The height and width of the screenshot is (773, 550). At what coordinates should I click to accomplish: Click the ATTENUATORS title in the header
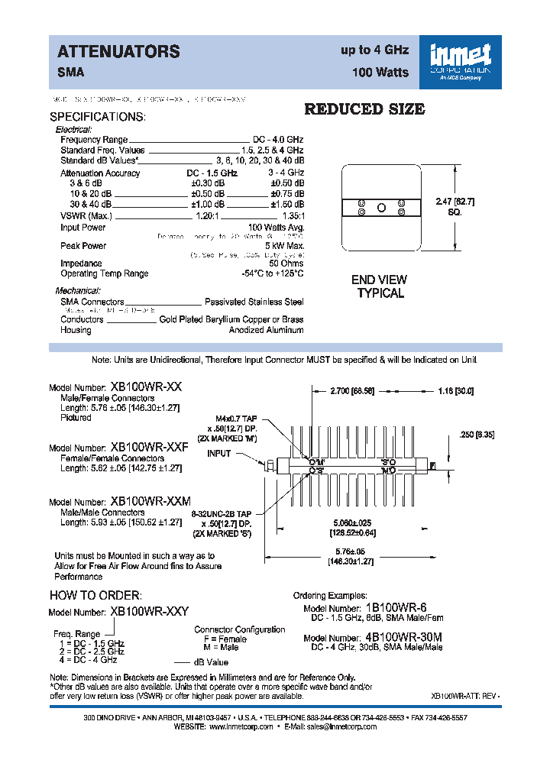tap(118, 52)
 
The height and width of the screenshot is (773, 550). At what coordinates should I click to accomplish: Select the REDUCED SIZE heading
tap(364, 109)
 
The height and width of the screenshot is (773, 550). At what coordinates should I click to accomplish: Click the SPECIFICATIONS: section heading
tap(97, 118)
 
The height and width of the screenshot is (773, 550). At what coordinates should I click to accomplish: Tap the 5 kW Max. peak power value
tap(285, 246)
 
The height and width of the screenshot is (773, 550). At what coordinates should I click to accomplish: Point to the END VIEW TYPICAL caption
tap(380, 286)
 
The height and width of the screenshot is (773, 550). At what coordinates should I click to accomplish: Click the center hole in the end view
tap(380, 208)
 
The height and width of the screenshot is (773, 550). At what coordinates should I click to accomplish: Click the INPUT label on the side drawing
tap(219, 454)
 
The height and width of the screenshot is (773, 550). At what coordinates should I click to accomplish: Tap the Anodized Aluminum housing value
tap(266, 330)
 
